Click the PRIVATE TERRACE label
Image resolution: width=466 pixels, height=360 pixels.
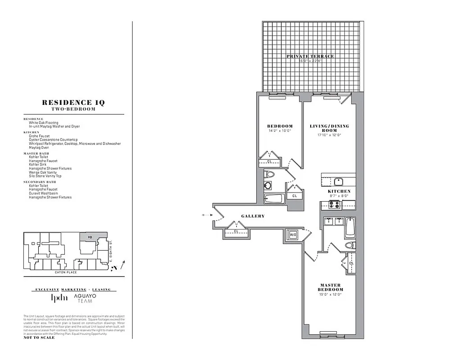[311, 56]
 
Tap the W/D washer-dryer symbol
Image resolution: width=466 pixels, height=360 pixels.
[293, 234]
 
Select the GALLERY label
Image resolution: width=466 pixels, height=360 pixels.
[253, 216]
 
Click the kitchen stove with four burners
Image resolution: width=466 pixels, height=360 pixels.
[334, 204]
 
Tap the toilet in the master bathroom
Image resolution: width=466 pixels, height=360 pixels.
[349, 245]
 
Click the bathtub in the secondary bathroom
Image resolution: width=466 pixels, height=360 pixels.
[274, 199]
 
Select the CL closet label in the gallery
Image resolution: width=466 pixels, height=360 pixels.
[236, 231]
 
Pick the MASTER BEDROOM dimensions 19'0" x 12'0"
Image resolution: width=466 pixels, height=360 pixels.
[331, 295]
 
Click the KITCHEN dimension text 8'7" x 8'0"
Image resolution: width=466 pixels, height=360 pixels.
[339, 196]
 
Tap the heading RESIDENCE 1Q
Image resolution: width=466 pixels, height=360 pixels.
[73, 103]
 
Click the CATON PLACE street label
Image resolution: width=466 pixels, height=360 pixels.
[66, 272]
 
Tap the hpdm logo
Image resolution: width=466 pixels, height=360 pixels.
[59, 298]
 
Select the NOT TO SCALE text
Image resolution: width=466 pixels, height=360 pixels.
[39, 337]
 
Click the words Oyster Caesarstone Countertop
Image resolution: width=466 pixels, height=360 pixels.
[53, 139]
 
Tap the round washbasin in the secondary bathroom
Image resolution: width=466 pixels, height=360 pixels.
[267, 184]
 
